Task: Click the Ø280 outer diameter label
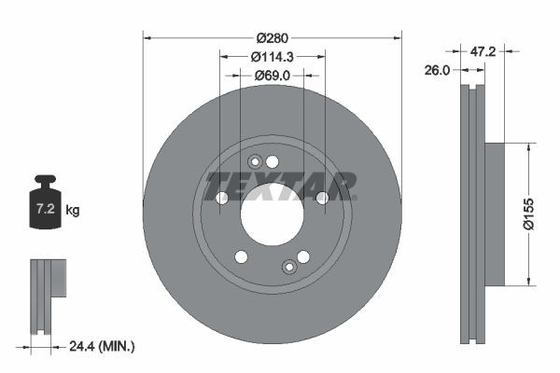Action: pos(273,37)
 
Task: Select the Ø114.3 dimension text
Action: pos(273,56)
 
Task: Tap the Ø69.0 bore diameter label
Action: pos(273,76)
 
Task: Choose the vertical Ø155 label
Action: pos(528,214)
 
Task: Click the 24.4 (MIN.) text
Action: pos(102,346)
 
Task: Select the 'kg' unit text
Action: pos(73,211)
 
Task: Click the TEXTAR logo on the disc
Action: pos(280,186)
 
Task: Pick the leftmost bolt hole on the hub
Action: pos(222,198)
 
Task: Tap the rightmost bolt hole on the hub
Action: pos(322,198)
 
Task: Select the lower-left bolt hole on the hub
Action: pos(241,256)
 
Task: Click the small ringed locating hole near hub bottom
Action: pos(289,269)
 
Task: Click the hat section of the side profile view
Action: pos(495,214)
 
